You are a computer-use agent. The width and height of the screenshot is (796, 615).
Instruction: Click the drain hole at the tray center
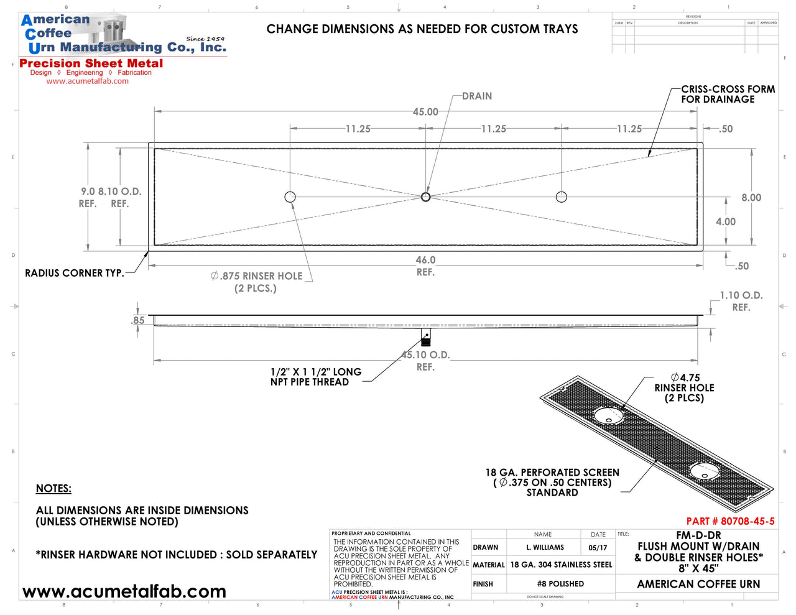tap(425, 197)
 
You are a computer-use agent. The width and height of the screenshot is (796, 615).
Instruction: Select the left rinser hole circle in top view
tap(290, 197)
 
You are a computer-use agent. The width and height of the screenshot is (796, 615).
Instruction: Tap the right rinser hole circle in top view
tap(561, 197)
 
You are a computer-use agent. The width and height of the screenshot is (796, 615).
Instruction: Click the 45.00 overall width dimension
tap(425, 112)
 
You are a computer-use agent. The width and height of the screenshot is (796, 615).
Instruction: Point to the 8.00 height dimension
tap(751, 198)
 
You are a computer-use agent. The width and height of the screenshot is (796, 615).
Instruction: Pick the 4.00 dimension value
tap(725, 222)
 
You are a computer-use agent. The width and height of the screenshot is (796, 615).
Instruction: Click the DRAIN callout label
tap(477, 96)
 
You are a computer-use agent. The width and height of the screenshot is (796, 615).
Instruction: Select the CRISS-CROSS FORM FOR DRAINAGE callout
tap(728, 95)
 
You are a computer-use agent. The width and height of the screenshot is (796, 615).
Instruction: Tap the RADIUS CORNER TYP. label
tap(74, 273)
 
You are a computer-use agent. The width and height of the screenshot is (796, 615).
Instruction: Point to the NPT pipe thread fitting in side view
tap(425, 338)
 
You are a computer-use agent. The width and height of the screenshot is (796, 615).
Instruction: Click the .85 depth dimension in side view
tap(138, 321)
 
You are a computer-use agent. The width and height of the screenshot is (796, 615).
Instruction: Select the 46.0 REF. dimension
tap(425, 266)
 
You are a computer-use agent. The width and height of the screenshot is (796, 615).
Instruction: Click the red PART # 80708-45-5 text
tap(730, 522)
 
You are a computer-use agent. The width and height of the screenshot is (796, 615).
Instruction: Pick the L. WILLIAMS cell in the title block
tap(545, 548)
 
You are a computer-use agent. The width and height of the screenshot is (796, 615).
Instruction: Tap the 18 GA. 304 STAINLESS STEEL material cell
tap(561, 565)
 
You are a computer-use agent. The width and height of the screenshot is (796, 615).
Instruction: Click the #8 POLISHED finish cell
tap(560, 584)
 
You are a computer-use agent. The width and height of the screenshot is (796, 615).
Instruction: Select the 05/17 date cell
tap(598, 548)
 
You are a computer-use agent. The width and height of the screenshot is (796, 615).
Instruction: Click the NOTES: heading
tap(53, 489)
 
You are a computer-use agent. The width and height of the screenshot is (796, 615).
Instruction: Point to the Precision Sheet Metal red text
tap(91, 63)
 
